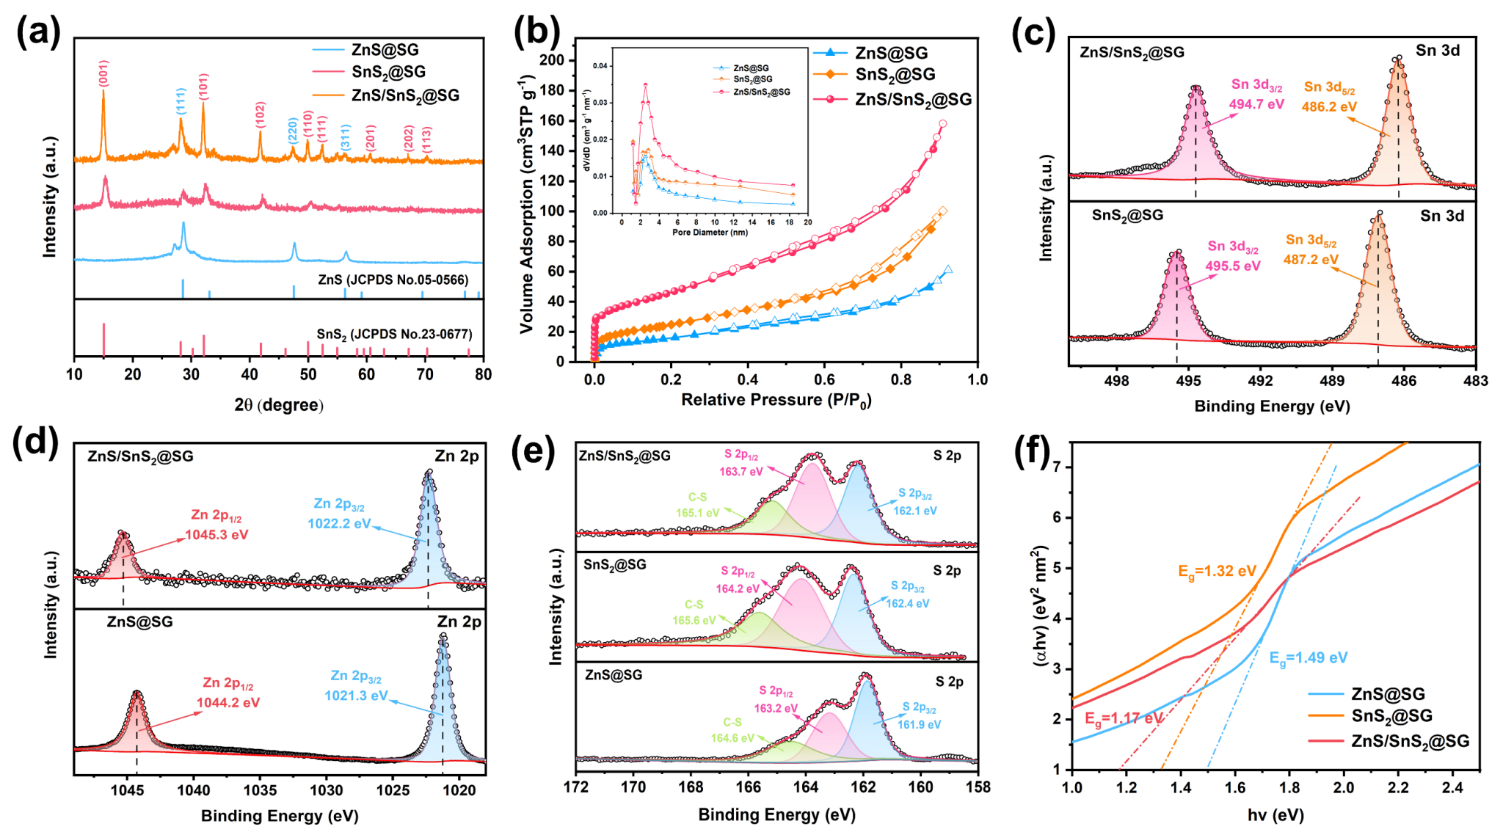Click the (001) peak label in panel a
(103, 73)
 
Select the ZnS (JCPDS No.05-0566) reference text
(393, 280)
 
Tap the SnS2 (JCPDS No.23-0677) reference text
(394, 335)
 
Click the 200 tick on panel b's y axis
(552, 60)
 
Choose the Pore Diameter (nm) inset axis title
(710, 232)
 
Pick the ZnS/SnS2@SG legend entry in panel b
(913, 99)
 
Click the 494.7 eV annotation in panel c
(1256, 104)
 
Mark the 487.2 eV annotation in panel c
(1311, 259)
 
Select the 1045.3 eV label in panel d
(216, 535)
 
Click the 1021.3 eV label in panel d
(356, 696)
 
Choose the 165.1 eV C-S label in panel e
(697, 513)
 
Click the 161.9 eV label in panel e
(919, 724)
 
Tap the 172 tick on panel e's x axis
(576, 787)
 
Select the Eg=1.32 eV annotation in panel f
(1217, 572)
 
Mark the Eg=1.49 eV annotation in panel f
(1309, 658)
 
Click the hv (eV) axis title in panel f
(1275, 814)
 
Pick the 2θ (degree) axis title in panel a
(279, 405)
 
